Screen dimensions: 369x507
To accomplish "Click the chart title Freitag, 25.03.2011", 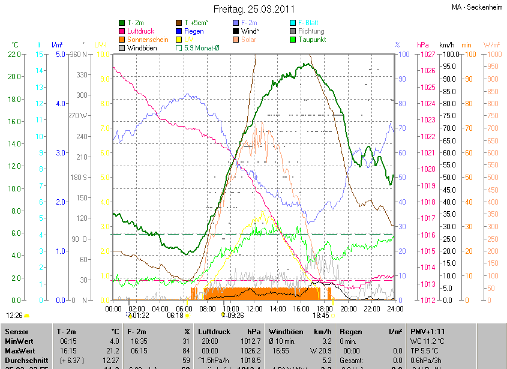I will pos(254,10).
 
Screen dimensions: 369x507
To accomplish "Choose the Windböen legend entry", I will pos(142,48).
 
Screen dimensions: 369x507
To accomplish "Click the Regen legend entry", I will pos(194,31).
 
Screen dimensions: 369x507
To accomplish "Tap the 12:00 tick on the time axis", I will pos(254,308).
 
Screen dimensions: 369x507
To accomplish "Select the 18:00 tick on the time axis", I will pos(324,308).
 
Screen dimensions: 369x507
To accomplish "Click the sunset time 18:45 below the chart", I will pos(321,315).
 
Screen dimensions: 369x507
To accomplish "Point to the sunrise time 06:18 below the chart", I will pos(175,315).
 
